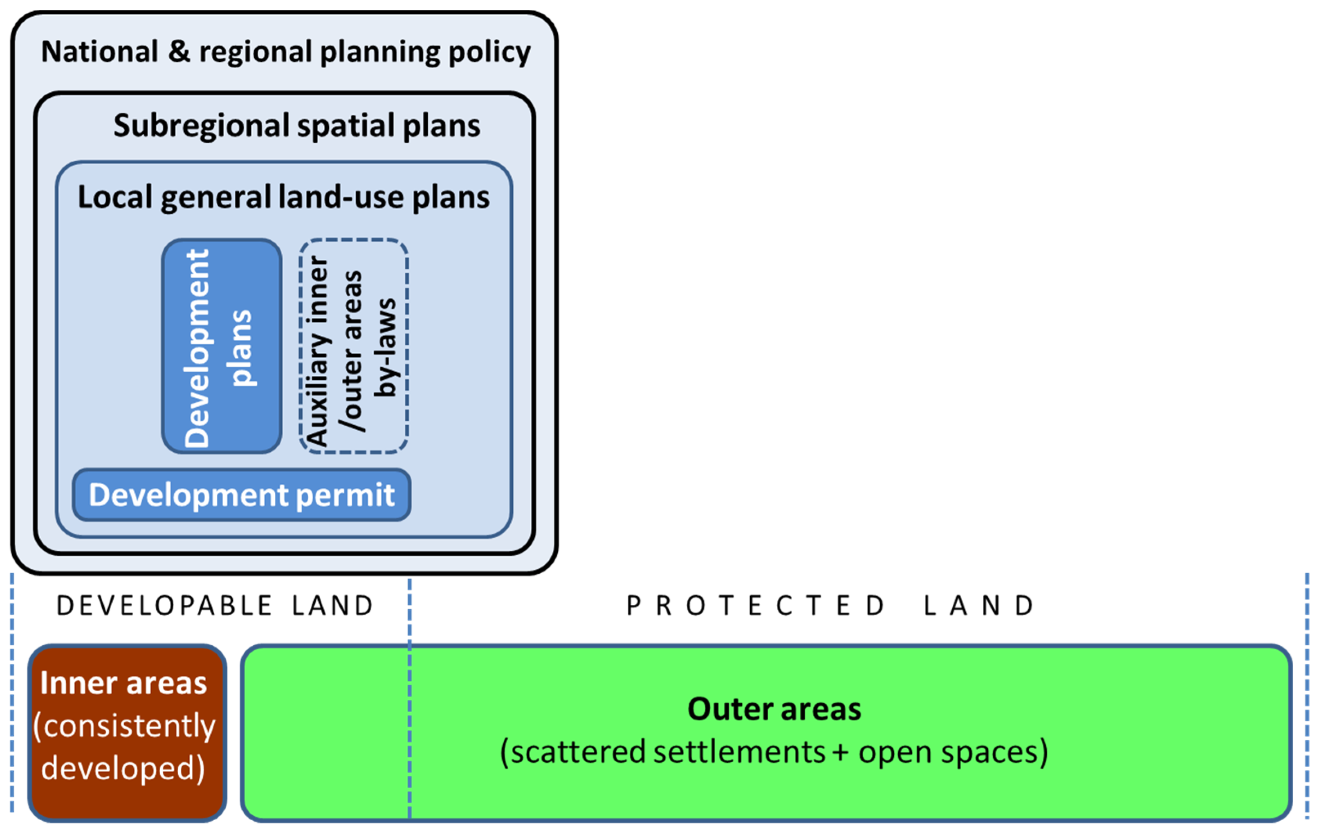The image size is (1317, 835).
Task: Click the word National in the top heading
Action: [99, 52]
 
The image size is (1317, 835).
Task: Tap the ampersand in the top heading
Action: [179, 52]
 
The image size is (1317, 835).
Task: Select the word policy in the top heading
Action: [489, 53]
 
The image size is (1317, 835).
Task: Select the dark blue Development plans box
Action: [222, 346]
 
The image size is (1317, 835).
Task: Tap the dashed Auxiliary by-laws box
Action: [353, 346]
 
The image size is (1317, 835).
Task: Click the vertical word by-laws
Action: [386, 347]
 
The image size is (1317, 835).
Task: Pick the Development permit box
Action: [241, 495]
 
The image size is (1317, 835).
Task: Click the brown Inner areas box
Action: [127, 733]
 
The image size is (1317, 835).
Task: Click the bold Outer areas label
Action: [774, 709]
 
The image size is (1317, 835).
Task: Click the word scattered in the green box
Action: [580, 752]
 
